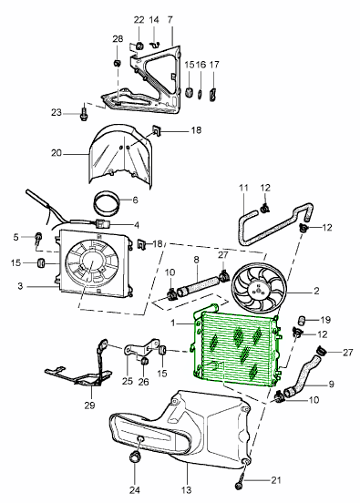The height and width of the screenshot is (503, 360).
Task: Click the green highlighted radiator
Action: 237,345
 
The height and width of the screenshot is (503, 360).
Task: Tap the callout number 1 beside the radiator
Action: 173,323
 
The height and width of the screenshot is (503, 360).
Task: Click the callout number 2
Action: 316,291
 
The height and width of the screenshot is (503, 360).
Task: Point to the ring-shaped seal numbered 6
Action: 107,203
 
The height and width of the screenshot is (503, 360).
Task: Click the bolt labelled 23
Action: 84,115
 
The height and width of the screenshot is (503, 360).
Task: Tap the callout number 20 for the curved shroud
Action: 57,153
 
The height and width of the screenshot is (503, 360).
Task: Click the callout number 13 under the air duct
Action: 186,490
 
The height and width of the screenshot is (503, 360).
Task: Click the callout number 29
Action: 90,405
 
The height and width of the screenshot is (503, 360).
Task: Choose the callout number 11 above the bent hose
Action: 243,188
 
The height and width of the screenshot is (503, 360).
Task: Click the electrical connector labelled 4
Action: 103,223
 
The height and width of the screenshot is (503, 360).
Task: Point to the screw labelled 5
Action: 38,239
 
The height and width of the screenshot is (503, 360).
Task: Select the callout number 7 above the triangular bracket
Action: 170,20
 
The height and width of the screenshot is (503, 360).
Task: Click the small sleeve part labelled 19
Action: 303,320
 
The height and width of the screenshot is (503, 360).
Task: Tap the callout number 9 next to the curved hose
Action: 331,384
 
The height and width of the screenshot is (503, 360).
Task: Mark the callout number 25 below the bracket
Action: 128,381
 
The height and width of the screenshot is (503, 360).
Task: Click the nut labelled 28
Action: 117,63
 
